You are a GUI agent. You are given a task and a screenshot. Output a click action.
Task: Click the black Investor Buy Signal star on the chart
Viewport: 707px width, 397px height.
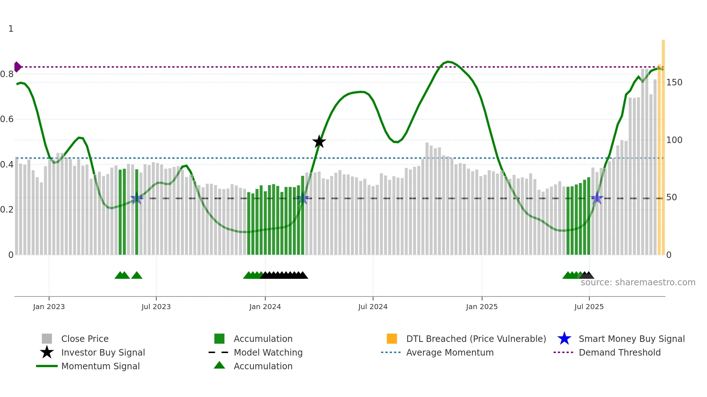319,142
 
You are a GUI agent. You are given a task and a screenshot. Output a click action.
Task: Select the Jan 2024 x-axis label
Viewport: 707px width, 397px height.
265,307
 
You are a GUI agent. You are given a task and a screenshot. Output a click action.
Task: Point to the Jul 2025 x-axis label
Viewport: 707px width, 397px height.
589,307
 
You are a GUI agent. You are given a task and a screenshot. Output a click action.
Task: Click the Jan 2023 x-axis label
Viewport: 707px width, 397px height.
49,307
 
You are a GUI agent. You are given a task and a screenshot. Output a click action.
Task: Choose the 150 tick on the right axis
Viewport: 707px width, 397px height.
674,82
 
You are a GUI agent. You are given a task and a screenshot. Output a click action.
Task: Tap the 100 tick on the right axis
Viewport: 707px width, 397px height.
674,140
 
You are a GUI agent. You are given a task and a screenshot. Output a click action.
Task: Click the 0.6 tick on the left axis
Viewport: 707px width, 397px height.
7,119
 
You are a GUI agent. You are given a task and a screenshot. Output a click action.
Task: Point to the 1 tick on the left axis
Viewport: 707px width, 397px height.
11,29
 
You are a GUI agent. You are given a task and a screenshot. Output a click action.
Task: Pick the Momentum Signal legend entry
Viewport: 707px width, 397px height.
100,366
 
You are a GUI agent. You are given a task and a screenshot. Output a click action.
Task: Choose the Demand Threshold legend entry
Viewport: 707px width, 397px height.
619,353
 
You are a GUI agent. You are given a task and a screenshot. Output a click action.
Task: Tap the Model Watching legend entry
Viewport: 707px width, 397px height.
268,353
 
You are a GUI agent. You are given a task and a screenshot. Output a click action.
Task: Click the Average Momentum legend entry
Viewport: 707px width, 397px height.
450,353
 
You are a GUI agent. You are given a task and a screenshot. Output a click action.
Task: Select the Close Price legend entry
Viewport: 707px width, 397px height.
85,339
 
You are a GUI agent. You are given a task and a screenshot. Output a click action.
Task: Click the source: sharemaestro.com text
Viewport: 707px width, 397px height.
638,282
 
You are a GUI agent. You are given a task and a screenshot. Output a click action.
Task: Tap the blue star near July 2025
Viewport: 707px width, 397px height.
597,198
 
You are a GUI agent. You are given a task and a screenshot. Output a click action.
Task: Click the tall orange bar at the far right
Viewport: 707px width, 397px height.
663,148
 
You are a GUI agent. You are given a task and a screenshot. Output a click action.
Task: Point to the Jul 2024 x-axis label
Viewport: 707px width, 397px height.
373,307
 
